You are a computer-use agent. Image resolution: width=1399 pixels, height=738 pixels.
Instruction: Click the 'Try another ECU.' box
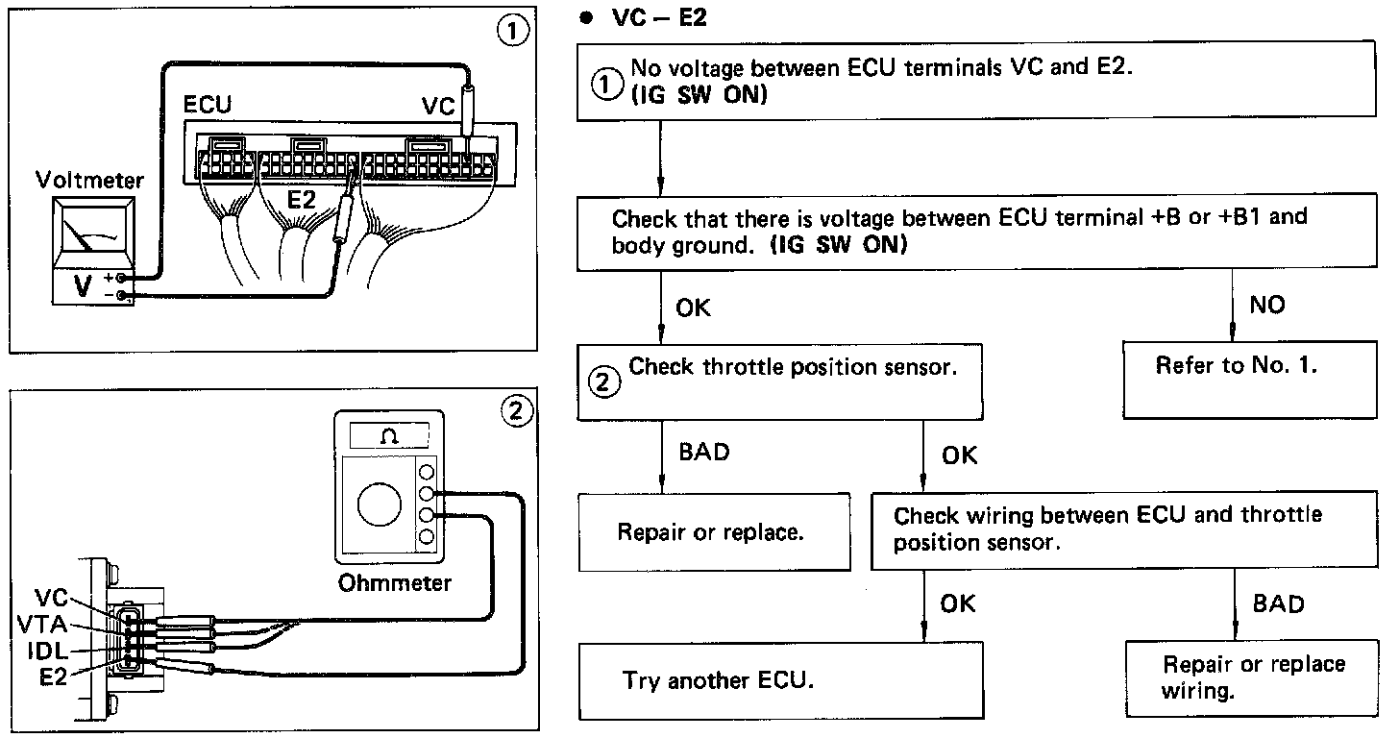tap(782, 680)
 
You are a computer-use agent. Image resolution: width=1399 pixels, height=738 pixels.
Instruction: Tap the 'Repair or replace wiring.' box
tap(1253, 676)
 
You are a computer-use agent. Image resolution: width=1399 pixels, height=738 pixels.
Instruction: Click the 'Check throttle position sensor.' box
tap(780, 379)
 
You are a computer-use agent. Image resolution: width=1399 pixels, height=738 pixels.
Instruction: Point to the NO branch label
tap(1266, 305)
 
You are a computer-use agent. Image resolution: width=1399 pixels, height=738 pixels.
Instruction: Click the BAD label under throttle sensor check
tap(704, 452)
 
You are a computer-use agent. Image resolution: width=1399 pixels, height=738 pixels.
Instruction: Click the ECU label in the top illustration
tap(208, 104)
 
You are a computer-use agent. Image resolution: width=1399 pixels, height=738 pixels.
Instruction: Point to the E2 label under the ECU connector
tap(304, 200)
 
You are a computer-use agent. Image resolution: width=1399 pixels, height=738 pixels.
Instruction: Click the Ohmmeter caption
tap(394, 582)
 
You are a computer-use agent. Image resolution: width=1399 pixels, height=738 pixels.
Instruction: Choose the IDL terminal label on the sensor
tap(44, 651)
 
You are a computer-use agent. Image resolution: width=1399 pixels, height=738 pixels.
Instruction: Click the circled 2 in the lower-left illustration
tap(515, 411)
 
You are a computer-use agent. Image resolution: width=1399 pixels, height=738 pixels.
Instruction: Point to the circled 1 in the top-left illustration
tap(514, 31)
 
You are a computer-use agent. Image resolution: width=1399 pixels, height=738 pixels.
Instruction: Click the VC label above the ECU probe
tap(438, 106)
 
